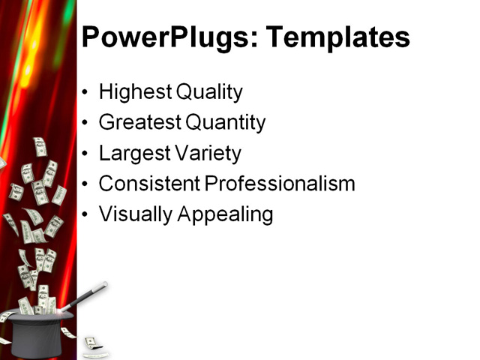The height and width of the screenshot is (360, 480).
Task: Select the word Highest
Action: [x=133, y=92]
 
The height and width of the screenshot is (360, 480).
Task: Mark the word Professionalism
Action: [x=278, y=184]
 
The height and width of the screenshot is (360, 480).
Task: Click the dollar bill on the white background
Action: [x=91, y=343]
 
